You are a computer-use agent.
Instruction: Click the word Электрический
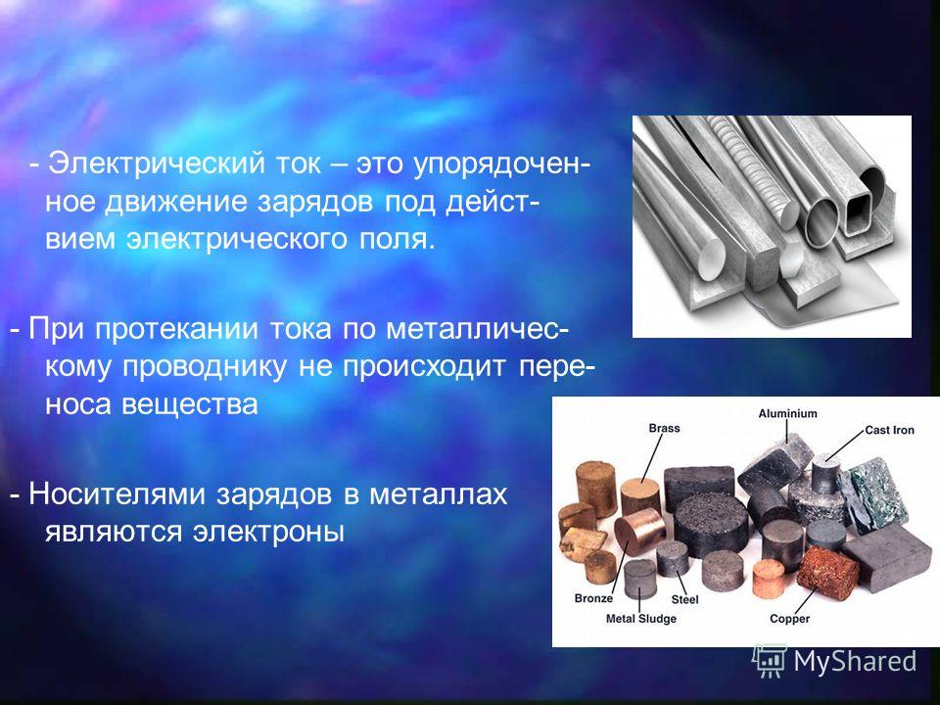157,164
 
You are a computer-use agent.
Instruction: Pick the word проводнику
205,367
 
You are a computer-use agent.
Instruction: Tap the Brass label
664,428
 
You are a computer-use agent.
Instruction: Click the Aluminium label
787,413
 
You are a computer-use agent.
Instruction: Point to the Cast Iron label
890,430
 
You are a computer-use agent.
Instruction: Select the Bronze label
593,598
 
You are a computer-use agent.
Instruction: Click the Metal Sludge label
640,619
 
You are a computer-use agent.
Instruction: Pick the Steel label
684,599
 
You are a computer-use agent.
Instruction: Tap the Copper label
789,619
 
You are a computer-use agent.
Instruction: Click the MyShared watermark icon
770,661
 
